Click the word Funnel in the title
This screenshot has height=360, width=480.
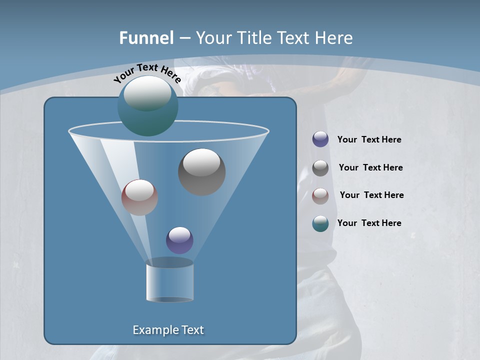pyautogui.click(x=146, y=38)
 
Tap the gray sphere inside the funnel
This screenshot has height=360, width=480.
pyautogui.click(x=201, y=172)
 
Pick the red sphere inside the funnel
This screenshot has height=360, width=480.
pyautogui.click(x=139, y=197)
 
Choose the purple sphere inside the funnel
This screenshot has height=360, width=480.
pyautogui.click(x=179, y=240)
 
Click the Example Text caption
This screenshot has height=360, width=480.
pyautogui.click(x=168, y=330)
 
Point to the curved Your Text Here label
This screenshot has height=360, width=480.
pyautogui.click(x=147, y=73)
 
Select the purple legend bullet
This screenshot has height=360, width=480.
pyautogui.click(x=320, y=139)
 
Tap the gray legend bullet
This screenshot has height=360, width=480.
pyautogui.click(x=320, y=168)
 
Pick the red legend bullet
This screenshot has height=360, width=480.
pyautogui.click(x=320, y=195)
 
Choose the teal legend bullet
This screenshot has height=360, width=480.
pyautogui.click(x=320, y=223)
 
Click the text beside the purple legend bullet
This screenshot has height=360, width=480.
pyautogui.click(x=369, y=140)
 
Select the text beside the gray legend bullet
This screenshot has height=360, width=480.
pyautogui.click(x=370, y=168)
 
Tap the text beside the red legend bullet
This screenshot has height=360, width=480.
pyautogui.click(x=371, y=195)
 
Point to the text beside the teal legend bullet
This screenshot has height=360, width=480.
pyautogui.click(x=369, y=223)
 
